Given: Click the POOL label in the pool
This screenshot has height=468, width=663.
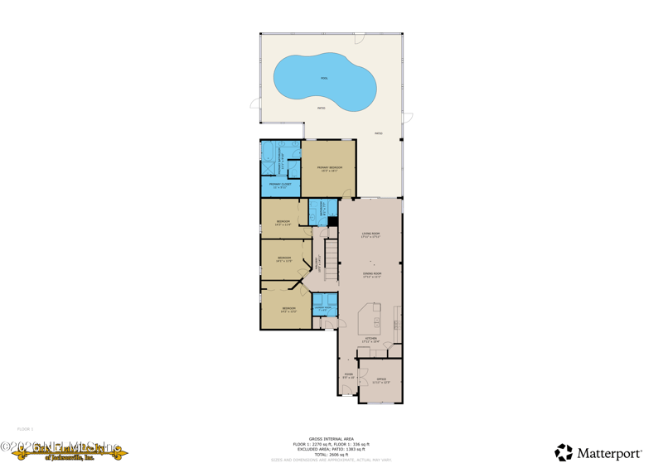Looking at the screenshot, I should point(324,79).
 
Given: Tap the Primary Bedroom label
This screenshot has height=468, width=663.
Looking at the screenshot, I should point(329,168).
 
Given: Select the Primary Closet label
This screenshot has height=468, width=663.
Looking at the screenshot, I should point(280,186).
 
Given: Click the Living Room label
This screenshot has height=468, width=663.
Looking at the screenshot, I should point(370,235).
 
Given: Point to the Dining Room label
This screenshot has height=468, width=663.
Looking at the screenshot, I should point(371,274).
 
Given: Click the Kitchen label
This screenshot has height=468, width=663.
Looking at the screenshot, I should point(371,339).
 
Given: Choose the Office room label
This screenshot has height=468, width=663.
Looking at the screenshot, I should point(381,380).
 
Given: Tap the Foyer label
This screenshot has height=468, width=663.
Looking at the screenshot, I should point(349,375).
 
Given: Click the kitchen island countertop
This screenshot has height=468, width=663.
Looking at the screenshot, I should point(370,319).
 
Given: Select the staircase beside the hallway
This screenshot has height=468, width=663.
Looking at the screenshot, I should point(331,258).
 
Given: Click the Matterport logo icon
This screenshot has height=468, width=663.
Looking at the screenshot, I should point(564,452).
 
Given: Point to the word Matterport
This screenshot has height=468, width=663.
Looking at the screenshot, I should point(609,454).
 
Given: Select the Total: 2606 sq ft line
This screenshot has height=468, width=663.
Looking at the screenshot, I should point(331,454).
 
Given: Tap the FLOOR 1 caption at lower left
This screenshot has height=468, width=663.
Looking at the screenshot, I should point(25,429).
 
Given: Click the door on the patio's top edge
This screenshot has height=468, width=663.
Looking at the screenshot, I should point(360,38).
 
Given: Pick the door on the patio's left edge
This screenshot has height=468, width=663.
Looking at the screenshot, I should point(255,104).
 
